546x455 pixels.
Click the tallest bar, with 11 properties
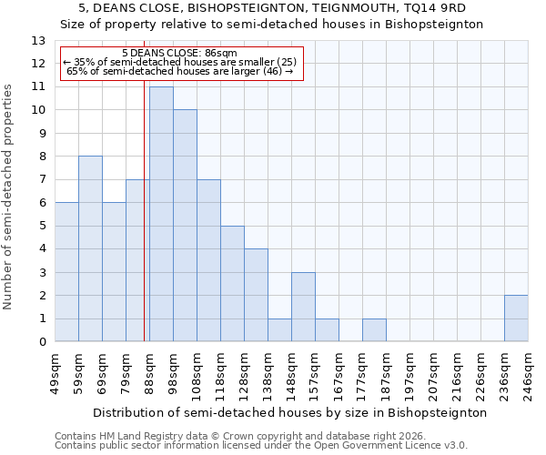pos(161,214)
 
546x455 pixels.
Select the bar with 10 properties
pos(185,226)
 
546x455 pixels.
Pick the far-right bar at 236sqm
pos(516,318)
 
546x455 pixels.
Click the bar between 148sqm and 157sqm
pos(303,307)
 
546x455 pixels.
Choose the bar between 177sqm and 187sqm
pos(374,330)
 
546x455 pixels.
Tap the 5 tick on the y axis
pos(42,226)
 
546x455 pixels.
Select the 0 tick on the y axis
pos(42,342)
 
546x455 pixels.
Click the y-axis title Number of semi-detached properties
pos(9,197)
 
